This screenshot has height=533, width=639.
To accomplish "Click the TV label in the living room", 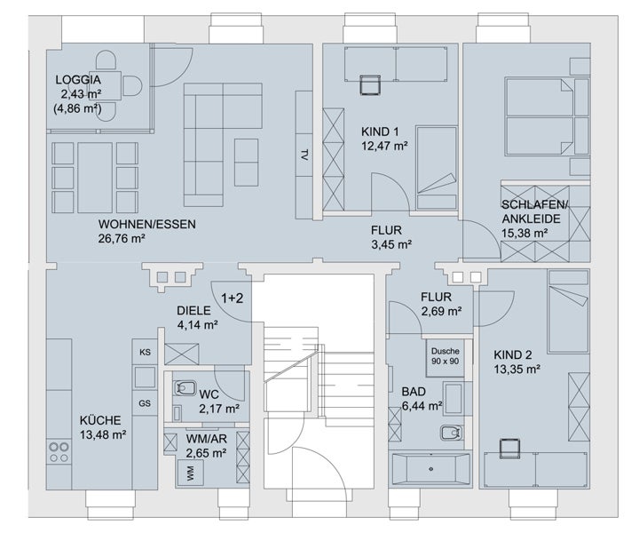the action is coord(304,155).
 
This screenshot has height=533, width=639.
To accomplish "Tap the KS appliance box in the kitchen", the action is coord(145,352).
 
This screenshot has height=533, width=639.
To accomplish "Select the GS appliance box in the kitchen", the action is coord(145,403).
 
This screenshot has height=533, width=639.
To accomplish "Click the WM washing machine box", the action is coord(190,473).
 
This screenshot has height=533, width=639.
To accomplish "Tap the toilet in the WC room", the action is coord(185,388).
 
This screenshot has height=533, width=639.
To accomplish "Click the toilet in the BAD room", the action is coord(452,433).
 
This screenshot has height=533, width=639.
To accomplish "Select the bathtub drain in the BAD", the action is coord(430,469).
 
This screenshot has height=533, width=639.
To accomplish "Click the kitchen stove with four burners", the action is coord(59,453).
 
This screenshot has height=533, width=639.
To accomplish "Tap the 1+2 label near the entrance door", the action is coord(232,298).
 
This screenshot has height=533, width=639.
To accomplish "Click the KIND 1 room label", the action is coord(380,131).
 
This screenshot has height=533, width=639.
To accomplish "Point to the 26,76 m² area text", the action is coord(122,238).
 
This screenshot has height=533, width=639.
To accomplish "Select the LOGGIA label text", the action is coord(78,80).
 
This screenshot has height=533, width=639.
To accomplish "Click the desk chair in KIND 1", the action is coord(370,84).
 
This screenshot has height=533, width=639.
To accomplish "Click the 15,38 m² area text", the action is coord(525,233).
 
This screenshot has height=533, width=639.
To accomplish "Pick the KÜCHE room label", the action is coord(100,420).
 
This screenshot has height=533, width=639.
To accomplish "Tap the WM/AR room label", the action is coord(207,439).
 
